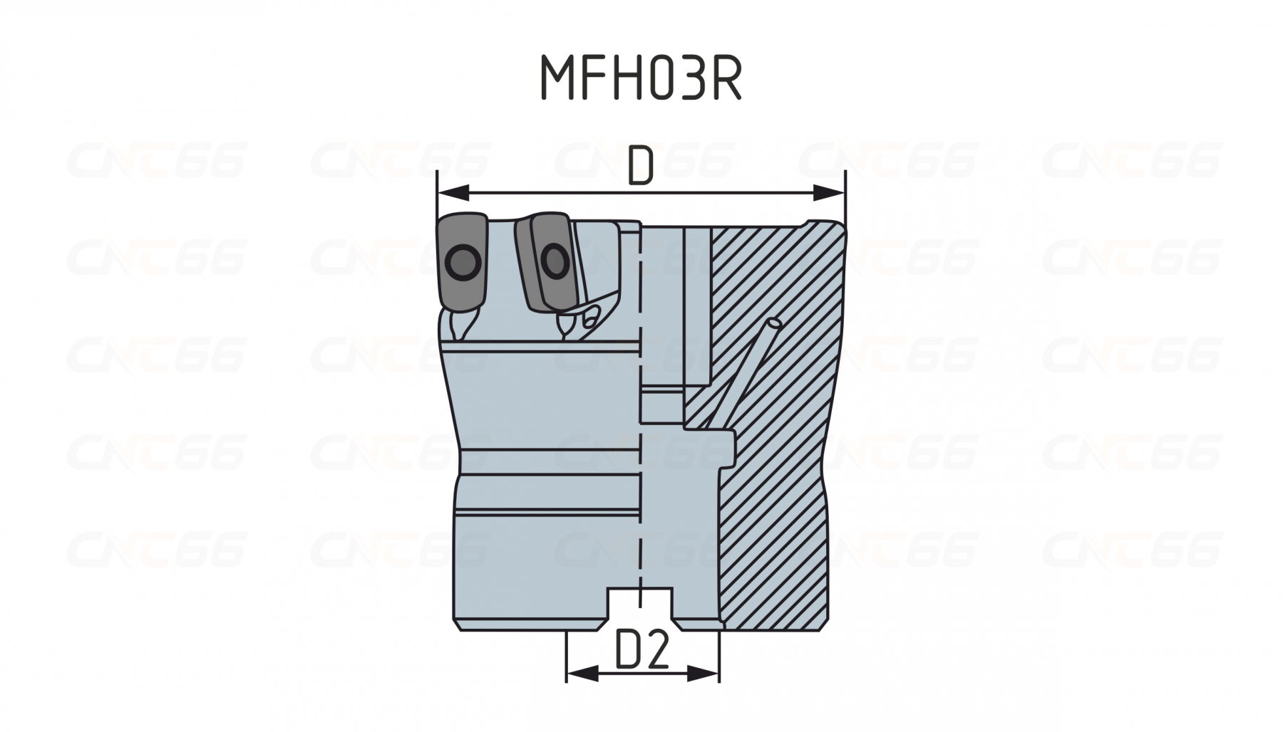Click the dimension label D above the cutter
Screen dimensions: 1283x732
click(641, 167)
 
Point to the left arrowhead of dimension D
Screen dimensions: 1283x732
click(453, 192)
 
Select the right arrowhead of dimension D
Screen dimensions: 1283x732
click(829, 192)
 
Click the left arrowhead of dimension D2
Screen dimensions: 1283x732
click(582, 673)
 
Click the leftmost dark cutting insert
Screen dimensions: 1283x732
click(464, 263)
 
